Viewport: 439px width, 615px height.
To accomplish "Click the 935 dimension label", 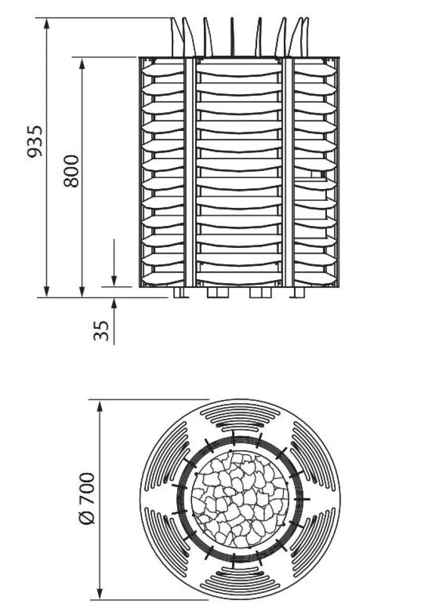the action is point(35,141).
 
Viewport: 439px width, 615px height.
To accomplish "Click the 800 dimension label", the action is point(71,171).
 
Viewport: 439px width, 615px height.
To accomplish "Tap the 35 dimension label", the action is point(101,331).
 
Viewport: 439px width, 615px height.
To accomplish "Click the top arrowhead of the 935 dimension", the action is point(47,24).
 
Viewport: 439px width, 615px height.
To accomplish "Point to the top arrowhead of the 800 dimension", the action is point(82,63).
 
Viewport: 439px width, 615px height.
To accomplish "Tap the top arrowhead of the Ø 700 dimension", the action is point(100,406).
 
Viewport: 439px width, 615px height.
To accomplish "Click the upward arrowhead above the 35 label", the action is point(114,303).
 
